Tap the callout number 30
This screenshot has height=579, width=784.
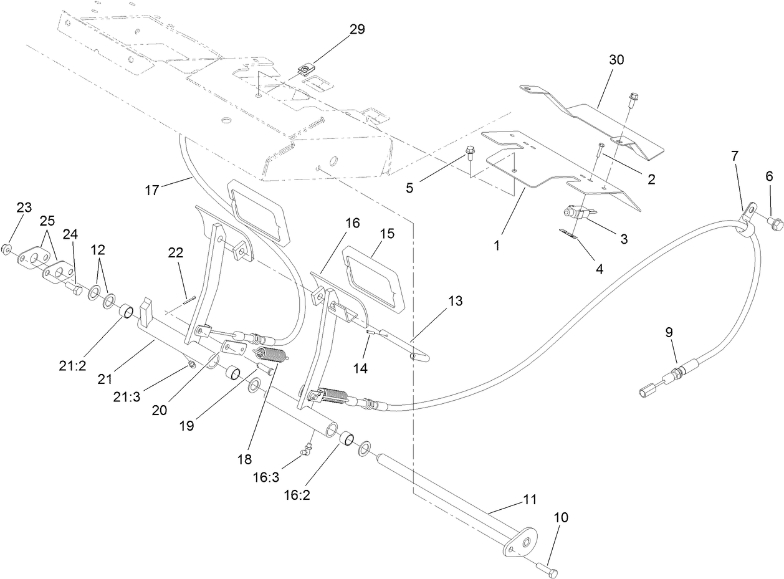(616, 60)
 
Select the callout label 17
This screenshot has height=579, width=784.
(153, 190)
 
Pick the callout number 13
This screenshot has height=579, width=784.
(455, 301)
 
